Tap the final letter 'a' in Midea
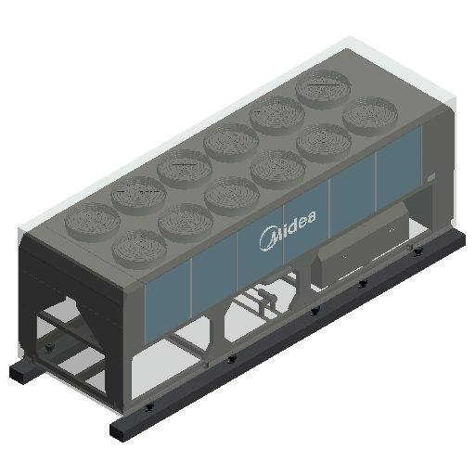pos(311,216)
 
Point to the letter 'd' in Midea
pos(291,225)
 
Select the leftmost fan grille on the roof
pos(92,222)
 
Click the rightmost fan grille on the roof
pos(370,116)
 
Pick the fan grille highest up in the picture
pos(323,89)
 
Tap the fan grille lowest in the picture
pos(139,250)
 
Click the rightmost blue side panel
pos(398,167)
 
